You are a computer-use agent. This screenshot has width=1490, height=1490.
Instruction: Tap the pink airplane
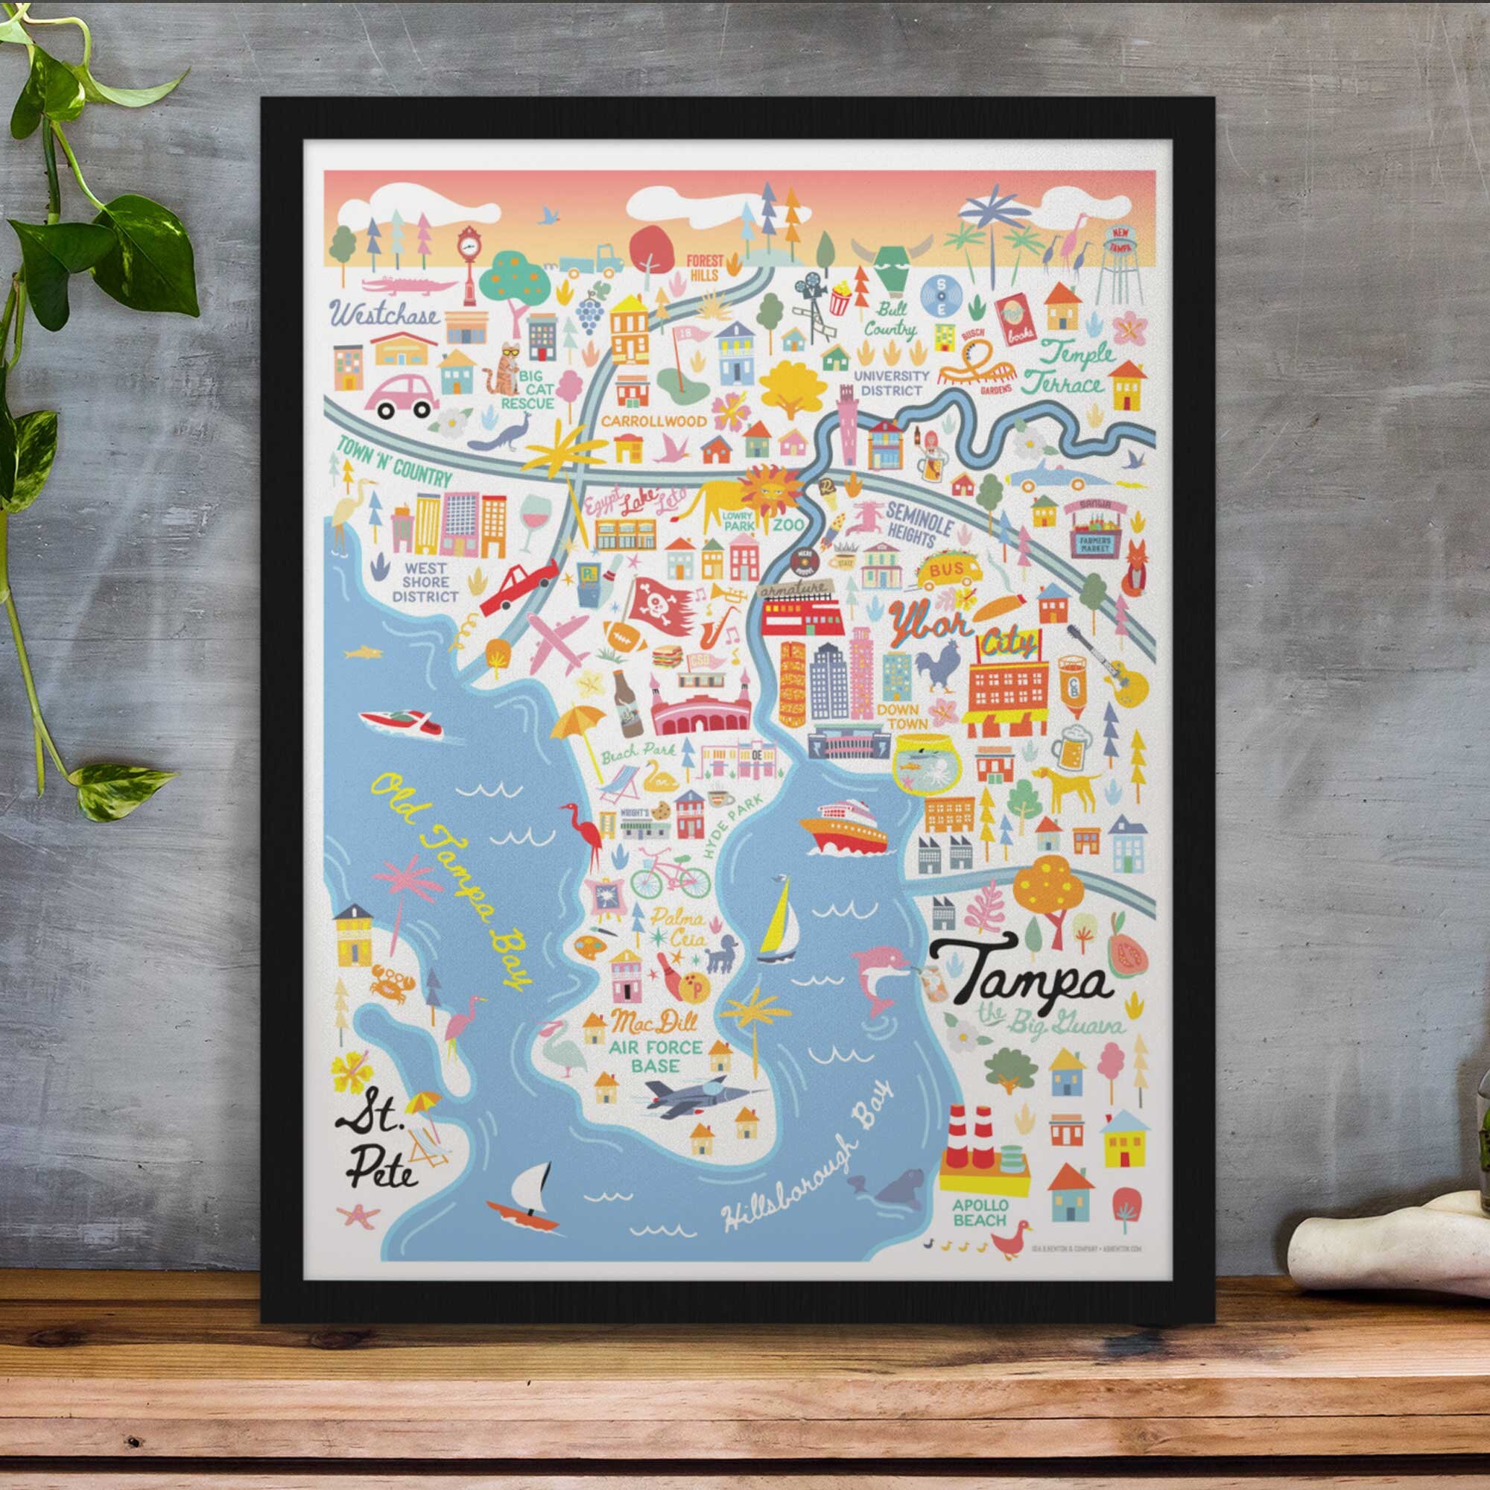click(x=560, y=641)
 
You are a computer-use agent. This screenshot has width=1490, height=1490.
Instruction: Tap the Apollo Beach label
click(x=980, y=1211)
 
